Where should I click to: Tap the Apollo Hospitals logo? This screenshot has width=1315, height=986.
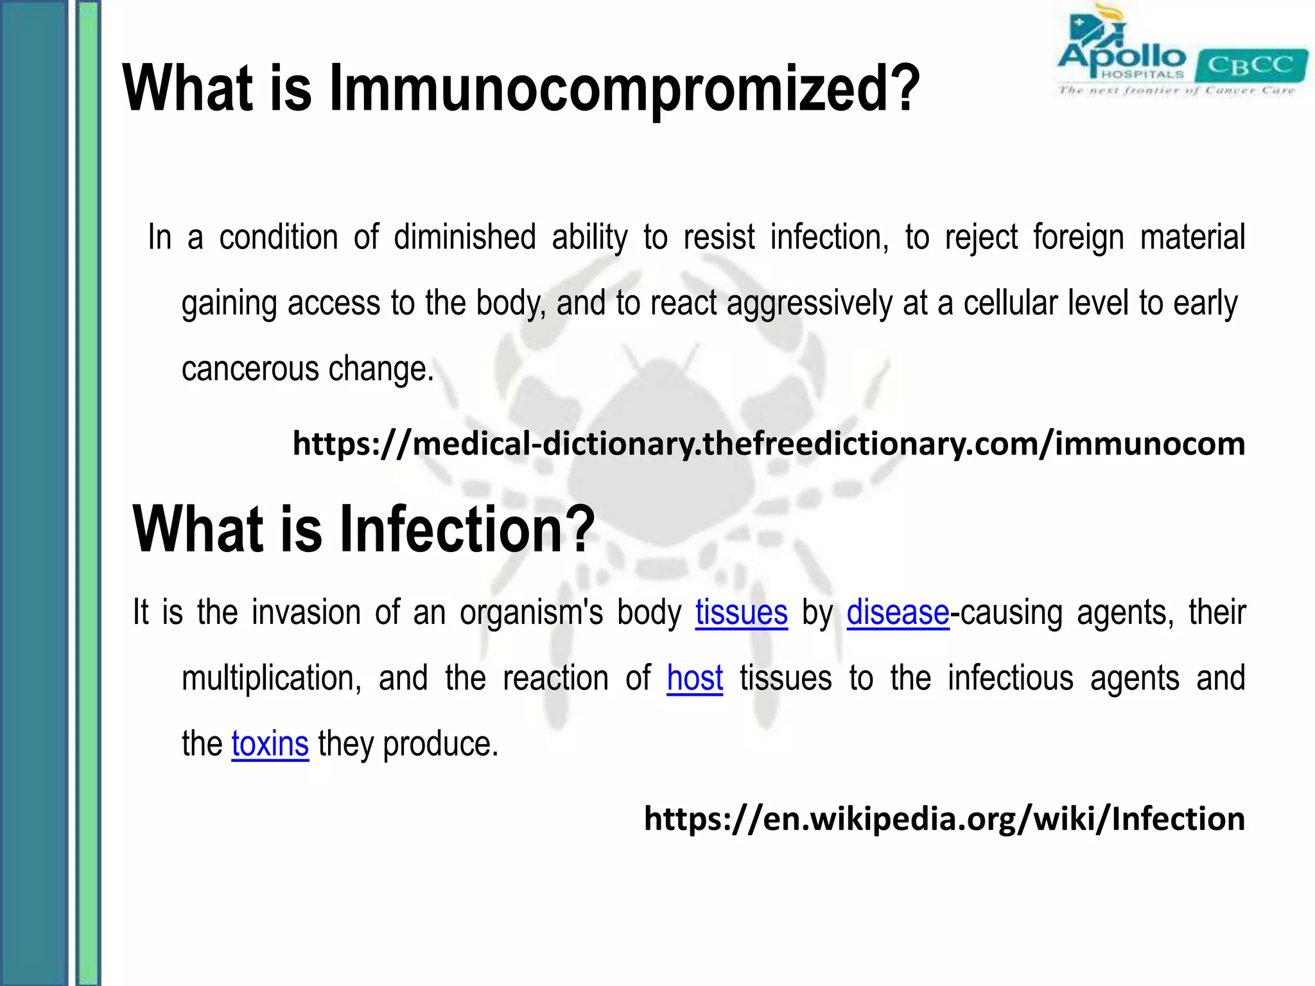click(1120, 48)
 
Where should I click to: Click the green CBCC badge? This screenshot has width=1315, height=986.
click(1251, 65)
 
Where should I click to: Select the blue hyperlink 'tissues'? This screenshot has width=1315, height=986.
click(741, 612)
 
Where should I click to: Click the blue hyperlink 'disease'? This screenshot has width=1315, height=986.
click(897, 612)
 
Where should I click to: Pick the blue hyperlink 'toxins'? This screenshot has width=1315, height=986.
click(270, 744)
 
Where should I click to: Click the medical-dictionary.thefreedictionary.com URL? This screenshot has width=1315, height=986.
click(768, 444)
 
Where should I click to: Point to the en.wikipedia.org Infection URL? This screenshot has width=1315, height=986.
click(944, 819)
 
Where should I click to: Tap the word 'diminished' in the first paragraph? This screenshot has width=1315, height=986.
click(464, 237)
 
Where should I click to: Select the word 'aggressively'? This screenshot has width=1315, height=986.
click(809, 304)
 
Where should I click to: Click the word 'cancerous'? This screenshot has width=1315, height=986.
click(250, 369)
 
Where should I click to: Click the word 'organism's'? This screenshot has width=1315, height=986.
click(531, 612)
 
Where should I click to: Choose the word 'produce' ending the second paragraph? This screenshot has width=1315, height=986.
click(440, 744)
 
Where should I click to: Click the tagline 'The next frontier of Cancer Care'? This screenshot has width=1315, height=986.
click(1176, 91)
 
